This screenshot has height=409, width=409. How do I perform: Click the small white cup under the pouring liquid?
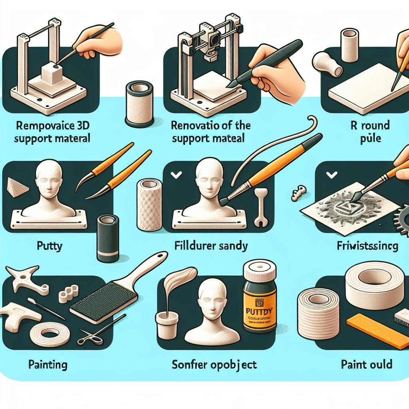[x=166, y=324]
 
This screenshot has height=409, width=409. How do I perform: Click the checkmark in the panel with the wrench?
[x=175, y=174]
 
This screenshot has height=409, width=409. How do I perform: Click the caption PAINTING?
[x=48, y=364]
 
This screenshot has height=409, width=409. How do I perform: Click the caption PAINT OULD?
[x=366, y=364]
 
